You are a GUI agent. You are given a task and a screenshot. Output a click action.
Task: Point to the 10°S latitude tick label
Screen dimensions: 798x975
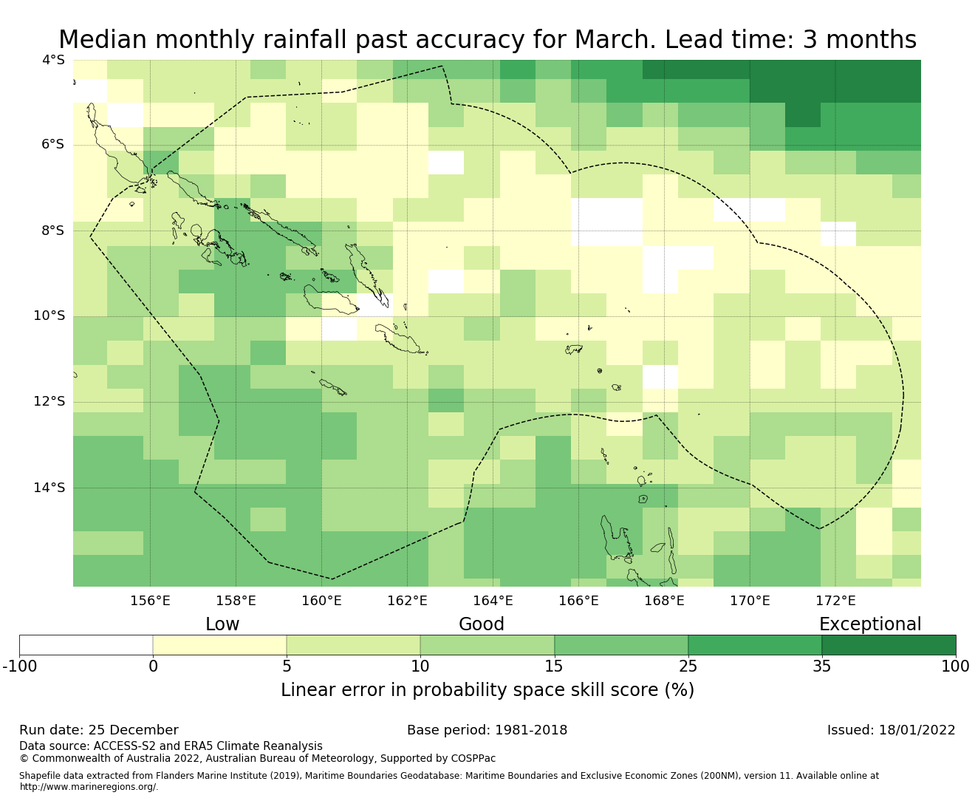pos(49,316)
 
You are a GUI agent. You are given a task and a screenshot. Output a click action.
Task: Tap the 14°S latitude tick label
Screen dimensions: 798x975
pos(49,488)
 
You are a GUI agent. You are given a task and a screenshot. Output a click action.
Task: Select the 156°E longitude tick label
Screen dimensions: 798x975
pos(150,601)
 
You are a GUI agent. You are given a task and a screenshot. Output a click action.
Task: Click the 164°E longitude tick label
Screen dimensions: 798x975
pos(493,601)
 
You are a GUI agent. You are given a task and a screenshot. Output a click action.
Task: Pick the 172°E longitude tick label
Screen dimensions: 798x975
pos(835,601)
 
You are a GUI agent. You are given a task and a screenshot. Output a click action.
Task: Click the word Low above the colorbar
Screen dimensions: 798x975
pos(222,624)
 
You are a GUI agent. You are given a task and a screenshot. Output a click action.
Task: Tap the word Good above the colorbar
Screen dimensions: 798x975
pos(482,624)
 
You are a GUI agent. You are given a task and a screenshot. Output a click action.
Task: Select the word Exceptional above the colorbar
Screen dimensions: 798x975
pos(870,624)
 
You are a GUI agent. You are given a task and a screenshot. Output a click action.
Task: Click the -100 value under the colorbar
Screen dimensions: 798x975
pos(20,666)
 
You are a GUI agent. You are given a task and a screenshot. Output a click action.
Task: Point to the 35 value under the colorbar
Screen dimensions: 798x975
pos(822,666)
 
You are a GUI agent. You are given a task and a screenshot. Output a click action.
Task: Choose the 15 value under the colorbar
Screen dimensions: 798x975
pos(554,666)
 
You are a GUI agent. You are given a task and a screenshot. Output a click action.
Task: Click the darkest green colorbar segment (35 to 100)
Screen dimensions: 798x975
pos(889,645)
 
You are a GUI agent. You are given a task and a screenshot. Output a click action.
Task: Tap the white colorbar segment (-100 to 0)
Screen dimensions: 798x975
pos(86,645)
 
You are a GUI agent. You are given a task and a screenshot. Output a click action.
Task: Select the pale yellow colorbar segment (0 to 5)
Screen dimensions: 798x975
pos(220,645)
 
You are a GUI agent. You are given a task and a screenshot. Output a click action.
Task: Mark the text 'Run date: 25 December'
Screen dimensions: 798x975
pos(99,730)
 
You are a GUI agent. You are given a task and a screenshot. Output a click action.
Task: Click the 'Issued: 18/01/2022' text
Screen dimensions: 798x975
pos(891,730)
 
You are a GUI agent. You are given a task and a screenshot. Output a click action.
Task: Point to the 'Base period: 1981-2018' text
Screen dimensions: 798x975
pos(487,730)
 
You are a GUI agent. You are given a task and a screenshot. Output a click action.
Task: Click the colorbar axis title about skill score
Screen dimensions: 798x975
pos(487,690)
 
